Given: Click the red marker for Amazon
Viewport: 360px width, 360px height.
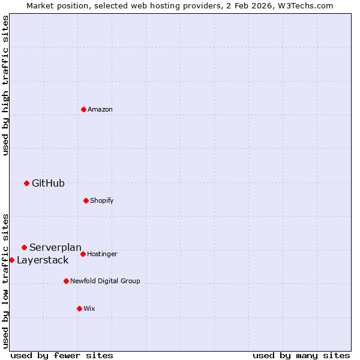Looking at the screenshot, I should click(83, 109).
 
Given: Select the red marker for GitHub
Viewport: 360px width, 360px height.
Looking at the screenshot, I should click(26, 183).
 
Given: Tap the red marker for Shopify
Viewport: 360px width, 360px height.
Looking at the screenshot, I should click(86, 200).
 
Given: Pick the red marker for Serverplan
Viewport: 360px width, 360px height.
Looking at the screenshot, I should click(24, 247).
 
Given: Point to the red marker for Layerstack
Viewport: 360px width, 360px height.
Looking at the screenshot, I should click(11, 260).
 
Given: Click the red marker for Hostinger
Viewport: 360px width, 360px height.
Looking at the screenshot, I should click(83, 254).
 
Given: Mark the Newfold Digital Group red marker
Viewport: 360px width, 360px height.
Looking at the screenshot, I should click(66, 281).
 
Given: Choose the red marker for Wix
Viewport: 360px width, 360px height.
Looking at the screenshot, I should click(79, 308).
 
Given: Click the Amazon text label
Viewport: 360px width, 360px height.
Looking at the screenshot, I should click(100, 109).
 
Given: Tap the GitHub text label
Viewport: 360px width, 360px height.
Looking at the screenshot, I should click(48, 183).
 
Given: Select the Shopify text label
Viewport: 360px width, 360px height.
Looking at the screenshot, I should click(102, 200).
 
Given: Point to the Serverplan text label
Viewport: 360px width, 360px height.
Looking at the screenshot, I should click(55, 247).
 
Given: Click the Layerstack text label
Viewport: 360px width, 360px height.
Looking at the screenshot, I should click(43, 260).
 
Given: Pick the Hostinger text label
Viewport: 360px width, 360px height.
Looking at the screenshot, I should click(102, 254).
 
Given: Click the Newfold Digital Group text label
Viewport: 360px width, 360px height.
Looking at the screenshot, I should click(105, 281).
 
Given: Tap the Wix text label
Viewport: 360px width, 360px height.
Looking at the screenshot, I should click(89, 308).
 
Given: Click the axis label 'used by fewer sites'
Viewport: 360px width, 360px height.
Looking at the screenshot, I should click(62, 355).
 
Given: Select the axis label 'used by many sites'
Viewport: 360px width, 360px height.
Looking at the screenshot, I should click(301, 355).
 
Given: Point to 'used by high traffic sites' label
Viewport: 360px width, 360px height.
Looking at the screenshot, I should click(5, 85).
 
